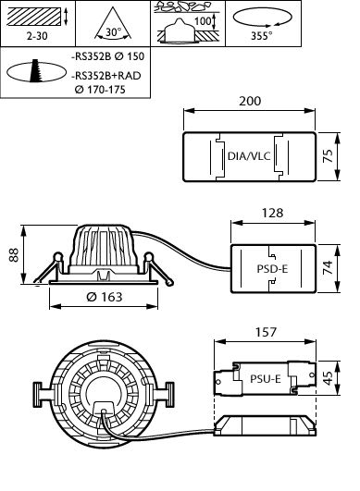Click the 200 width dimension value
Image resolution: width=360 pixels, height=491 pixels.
coord(250,101)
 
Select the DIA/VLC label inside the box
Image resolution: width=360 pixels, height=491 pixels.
coord(249,156)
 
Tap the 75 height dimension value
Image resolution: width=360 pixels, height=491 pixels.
coord(328,155)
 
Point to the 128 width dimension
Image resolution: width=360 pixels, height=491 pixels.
coord(272,213)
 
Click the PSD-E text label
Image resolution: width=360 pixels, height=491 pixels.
coord(272,269)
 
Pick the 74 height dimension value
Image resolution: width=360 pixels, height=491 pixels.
coord(328,268)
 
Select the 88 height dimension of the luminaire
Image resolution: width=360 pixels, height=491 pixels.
coord(14,255)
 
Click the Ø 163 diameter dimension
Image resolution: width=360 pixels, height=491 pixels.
coord(104,297)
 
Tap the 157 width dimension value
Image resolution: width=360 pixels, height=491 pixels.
coord(266,332)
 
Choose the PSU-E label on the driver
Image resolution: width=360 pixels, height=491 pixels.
coord(265,379)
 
